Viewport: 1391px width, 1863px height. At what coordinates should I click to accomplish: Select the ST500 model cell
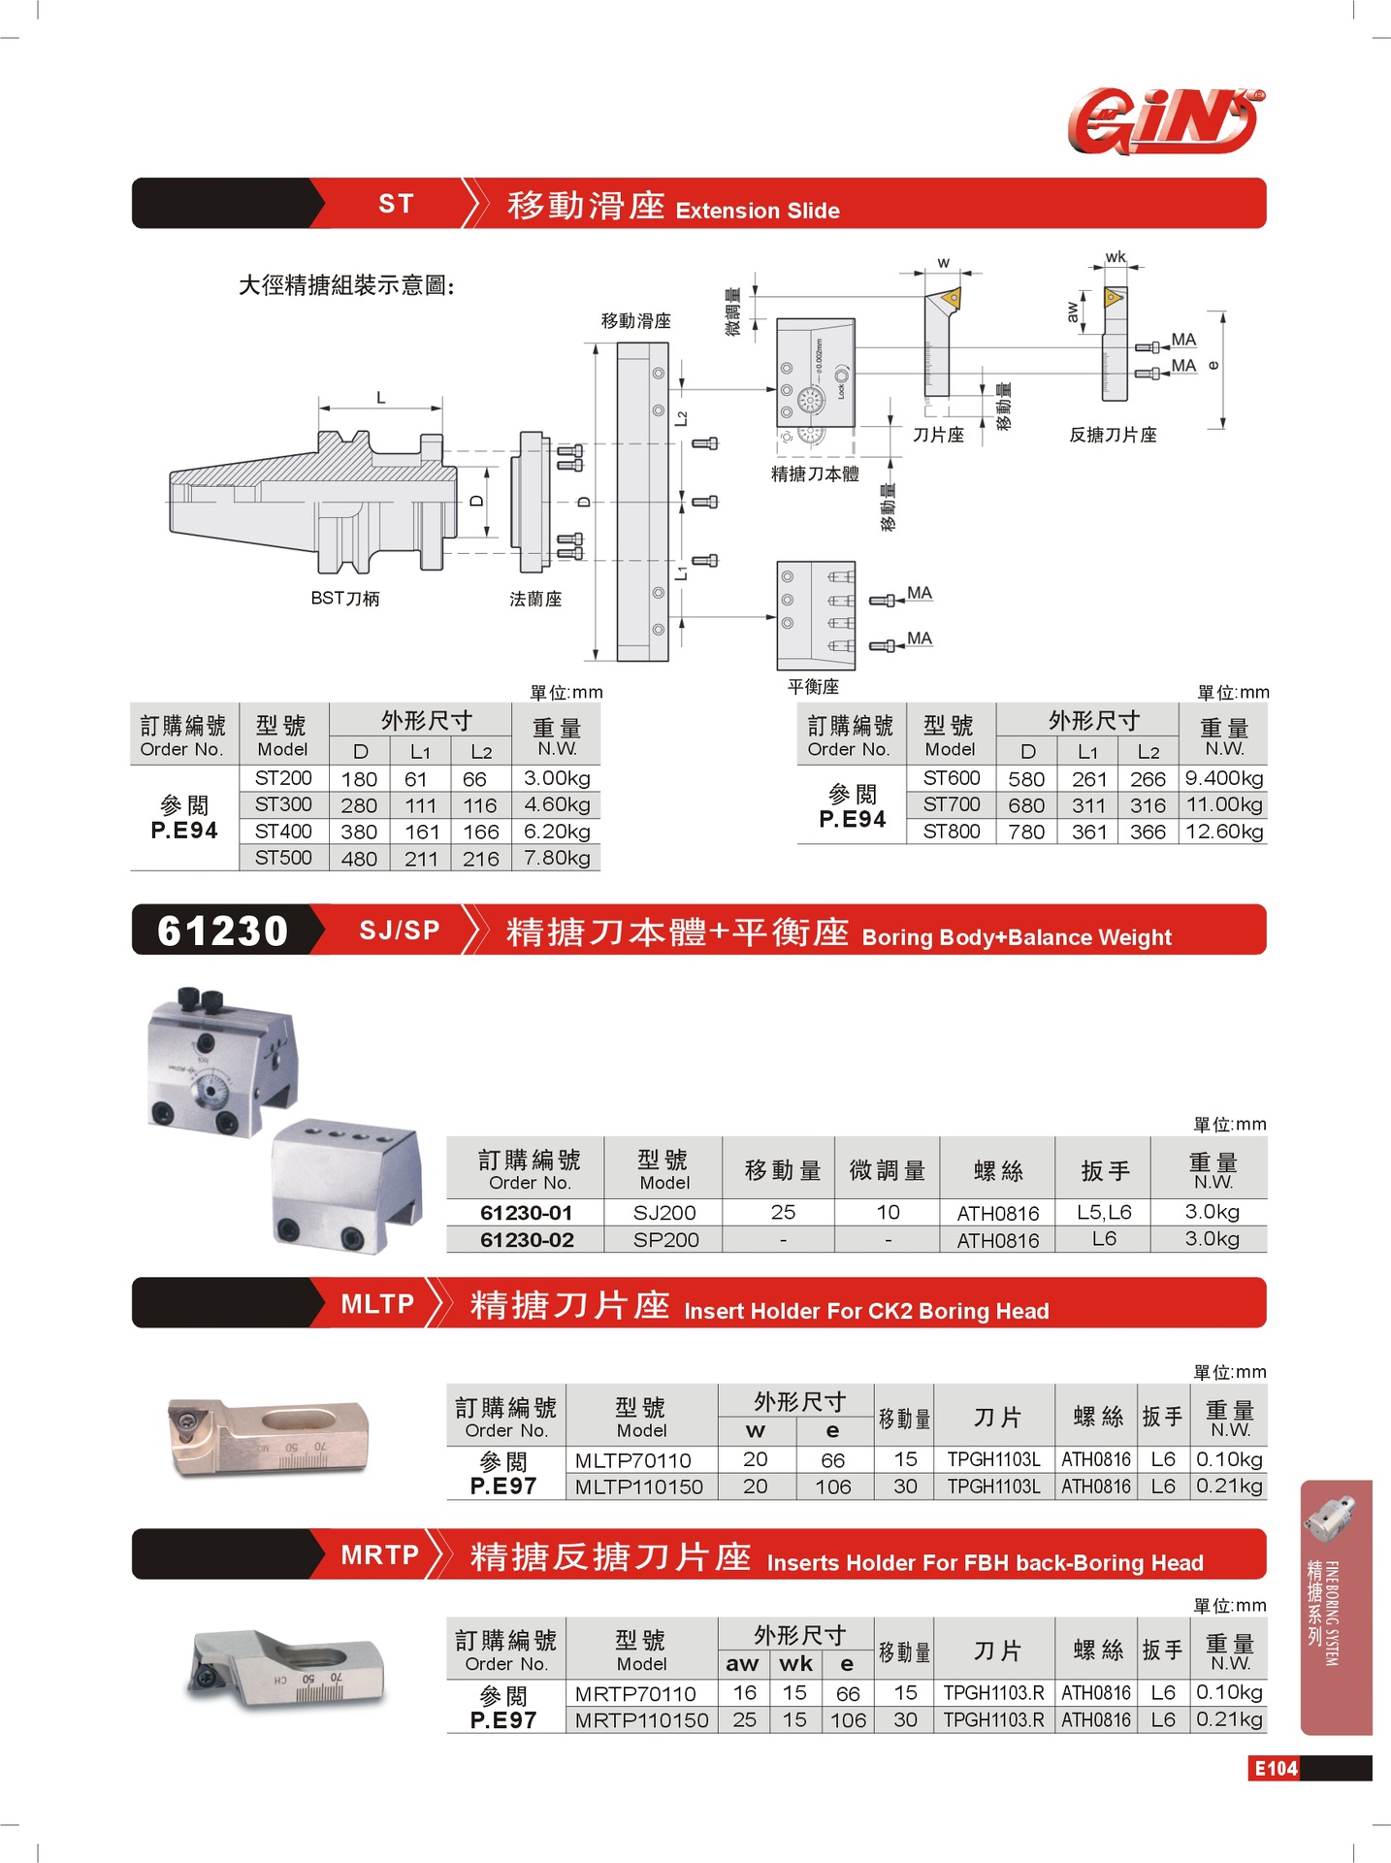coord(283,858)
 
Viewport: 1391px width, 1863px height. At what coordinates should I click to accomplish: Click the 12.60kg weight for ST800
coord(1224,832)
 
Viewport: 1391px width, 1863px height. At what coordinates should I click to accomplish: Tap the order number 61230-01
coord(527,1213)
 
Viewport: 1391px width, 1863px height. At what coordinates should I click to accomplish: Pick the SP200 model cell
coord(665,1240)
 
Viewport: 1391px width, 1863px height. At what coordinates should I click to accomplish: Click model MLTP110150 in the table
coord(639,1487)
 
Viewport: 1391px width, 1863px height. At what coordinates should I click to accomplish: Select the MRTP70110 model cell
coord(635,1694)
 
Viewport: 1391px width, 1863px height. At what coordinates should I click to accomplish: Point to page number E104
coord(1276,1768)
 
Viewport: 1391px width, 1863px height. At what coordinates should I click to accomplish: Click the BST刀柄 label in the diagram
coord(345,599)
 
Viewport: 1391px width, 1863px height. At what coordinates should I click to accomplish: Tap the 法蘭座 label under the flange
coord(535,600)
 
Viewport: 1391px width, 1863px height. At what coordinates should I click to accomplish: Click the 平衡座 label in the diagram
coord(813,687)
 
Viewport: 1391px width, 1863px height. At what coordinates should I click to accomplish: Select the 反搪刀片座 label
coord(1113,435)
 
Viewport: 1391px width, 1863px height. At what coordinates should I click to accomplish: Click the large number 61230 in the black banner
coord(223,931)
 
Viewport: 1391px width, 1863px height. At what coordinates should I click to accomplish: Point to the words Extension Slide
coord(758,211)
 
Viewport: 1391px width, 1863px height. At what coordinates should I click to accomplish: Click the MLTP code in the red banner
coord(377,1304)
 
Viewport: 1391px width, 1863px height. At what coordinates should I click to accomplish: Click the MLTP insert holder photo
coord(269,1437)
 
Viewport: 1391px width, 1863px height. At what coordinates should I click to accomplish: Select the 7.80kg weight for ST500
coord(557,858)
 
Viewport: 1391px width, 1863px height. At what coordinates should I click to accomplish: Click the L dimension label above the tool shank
coord(381,398)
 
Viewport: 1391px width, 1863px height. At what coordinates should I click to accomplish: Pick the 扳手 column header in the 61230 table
coord(1105,1171)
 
